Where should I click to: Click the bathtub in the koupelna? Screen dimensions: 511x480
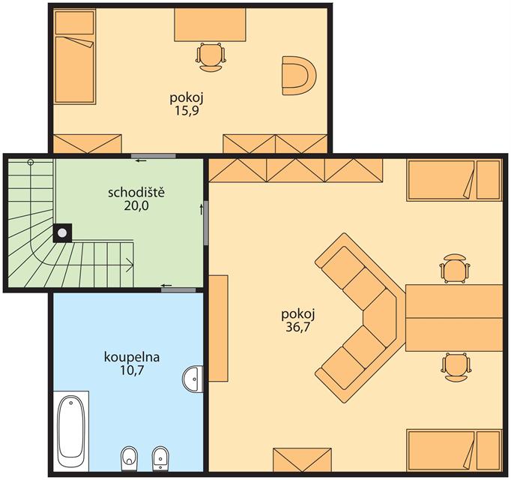click(x=71, y=430)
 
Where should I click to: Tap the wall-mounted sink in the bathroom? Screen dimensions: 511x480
click(x=193, y=379)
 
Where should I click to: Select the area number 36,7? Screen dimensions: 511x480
click(x=297, y=327)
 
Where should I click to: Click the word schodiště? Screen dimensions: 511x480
click(x=136, y=193)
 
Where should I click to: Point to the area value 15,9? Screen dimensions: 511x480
click(x=187, y=111)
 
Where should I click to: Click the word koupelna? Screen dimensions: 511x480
click(x=132, y=357)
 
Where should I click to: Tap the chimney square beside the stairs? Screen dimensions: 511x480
click(x=63, y=233)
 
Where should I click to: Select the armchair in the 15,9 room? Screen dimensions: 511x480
click(x=299, y=76)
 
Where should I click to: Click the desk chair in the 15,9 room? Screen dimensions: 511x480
click(x=211, y=57)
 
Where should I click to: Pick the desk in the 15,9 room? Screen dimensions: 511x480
click(x=210, y=25)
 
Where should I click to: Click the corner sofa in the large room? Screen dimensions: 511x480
click(x=360, y=317)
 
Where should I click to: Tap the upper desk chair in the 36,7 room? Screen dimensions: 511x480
click(x=455, y=268)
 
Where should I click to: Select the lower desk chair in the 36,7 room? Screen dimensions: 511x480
click(x=456, y=367)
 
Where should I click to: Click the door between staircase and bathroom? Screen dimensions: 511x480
click(x=178, y=290)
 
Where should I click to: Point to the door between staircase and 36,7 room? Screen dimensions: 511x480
click(x=206, y=223)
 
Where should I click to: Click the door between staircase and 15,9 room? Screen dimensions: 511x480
click(x=154, y=156)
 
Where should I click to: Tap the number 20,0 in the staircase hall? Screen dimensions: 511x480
click(x=136, y=206)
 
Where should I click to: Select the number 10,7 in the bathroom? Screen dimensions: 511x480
click(x=133, y=370)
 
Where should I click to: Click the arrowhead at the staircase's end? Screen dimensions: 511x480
click(x=130, y=265)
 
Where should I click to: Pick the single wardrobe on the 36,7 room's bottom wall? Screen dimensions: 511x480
click(x=302, y=460)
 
